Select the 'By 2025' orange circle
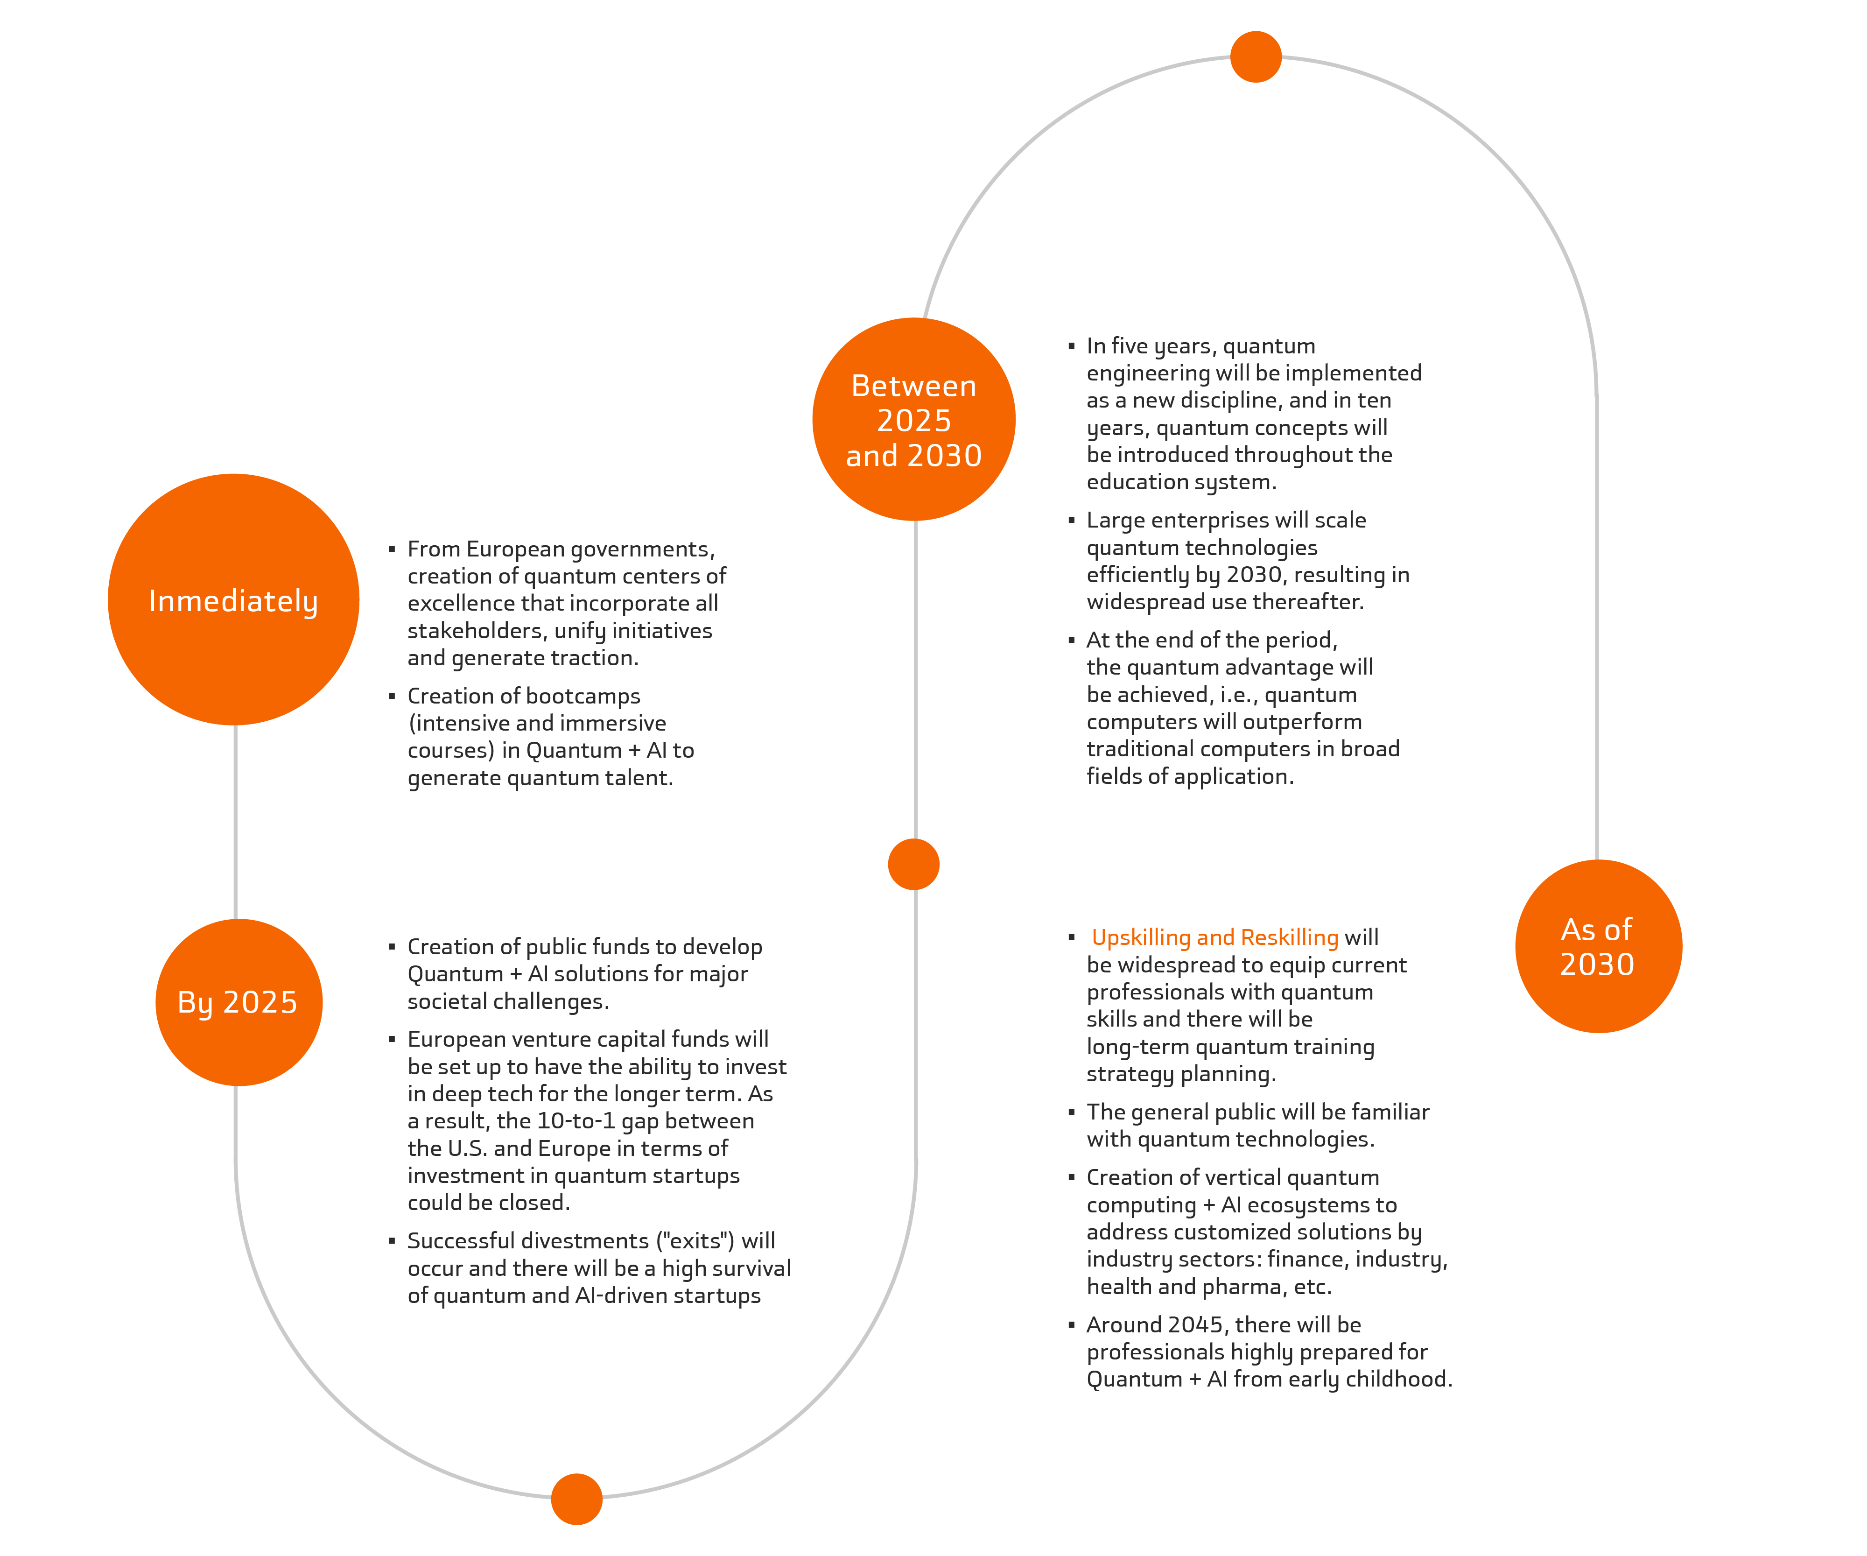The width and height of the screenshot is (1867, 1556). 238,1002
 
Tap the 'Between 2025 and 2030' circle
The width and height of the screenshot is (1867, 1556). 914,420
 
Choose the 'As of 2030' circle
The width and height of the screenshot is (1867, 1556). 1598,946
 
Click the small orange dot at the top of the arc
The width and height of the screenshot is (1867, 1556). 1256,57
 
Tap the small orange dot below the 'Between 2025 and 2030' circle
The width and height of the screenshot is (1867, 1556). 914,864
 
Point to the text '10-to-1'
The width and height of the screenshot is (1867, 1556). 576,1121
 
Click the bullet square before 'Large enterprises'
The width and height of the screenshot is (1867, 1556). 1071,519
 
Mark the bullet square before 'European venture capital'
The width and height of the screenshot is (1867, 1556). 392,1039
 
